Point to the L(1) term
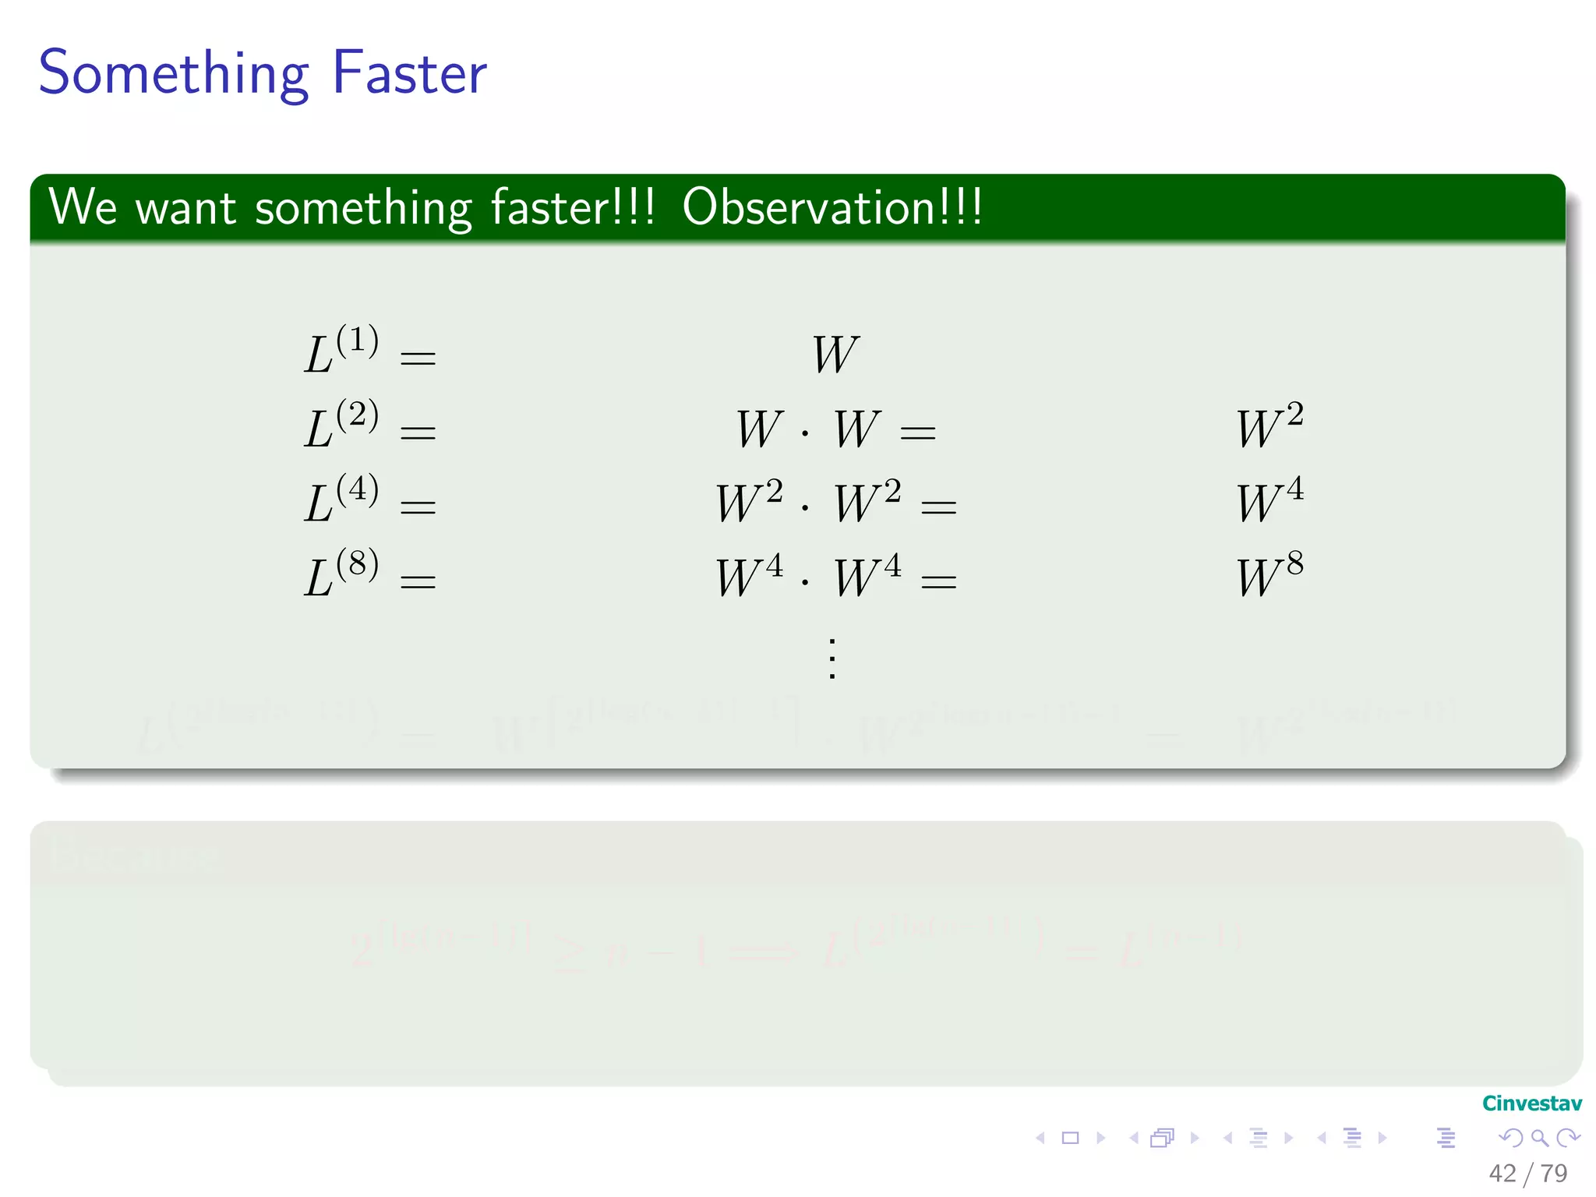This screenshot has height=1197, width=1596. click(341, 350)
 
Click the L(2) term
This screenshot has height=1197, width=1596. click(341, 425)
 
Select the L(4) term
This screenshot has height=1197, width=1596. click(341, 500)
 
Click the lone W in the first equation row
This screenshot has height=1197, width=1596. click(835, 355)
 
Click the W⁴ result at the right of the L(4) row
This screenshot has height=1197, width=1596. click(1269, 500)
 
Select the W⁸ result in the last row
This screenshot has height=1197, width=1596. click(1269, 574)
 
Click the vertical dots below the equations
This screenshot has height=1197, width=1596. click(832, 659)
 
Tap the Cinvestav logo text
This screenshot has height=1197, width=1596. click(1531, 1103)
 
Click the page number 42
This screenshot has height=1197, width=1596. click(1502, 1173)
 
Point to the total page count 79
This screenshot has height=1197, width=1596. click(1554, 1173)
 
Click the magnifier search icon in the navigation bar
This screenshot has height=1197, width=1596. click(1539, 1138)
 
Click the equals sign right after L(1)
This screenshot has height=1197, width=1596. click(418, 358)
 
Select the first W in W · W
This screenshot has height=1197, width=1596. click(760, 429)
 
